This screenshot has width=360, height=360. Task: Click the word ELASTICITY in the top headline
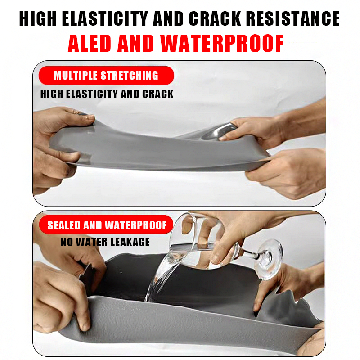(105, 18)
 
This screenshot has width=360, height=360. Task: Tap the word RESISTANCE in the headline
(293, 18)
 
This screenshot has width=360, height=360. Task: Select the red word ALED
(89, 43)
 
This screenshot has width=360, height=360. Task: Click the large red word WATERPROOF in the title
(222, 43)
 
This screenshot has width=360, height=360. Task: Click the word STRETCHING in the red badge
(130, 75)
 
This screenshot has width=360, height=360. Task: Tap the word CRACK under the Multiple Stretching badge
(158, 94)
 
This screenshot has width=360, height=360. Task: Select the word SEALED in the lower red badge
(63, 225)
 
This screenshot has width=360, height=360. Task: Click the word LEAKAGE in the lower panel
(130, 242)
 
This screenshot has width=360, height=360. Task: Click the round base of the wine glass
(269, 259)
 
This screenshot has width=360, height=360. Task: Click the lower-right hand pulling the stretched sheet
(287, 172)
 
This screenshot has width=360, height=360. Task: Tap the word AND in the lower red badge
(93, 225)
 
